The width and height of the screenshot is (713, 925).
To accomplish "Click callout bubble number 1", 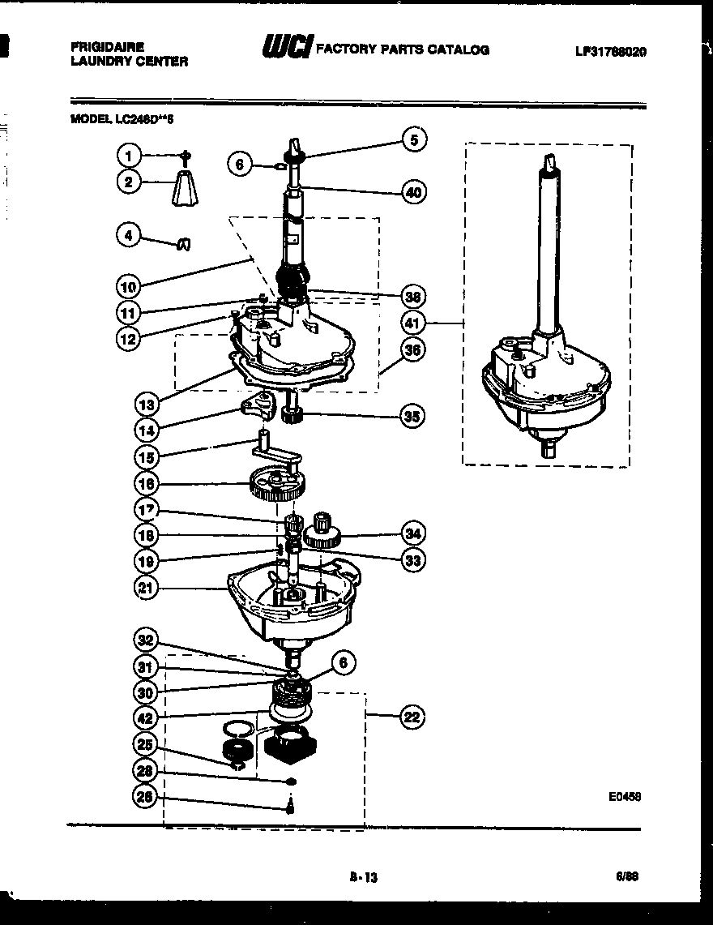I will point(128,154).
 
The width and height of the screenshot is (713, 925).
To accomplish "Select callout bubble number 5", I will point(413,139).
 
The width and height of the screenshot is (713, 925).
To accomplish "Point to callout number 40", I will point(413,192).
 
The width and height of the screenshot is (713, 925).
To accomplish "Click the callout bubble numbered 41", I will point(413,323).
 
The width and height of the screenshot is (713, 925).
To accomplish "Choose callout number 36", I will point(413,350).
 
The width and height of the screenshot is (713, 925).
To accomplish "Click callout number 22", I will point(413,717).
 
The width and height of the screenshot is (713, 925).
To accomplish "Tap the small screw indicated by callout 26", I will point(290,806).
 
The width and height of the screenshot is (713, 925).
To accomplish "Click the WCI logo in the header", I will point(285,49).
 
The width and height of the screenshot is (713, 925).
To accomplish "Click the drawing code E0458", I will point(625,797).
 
